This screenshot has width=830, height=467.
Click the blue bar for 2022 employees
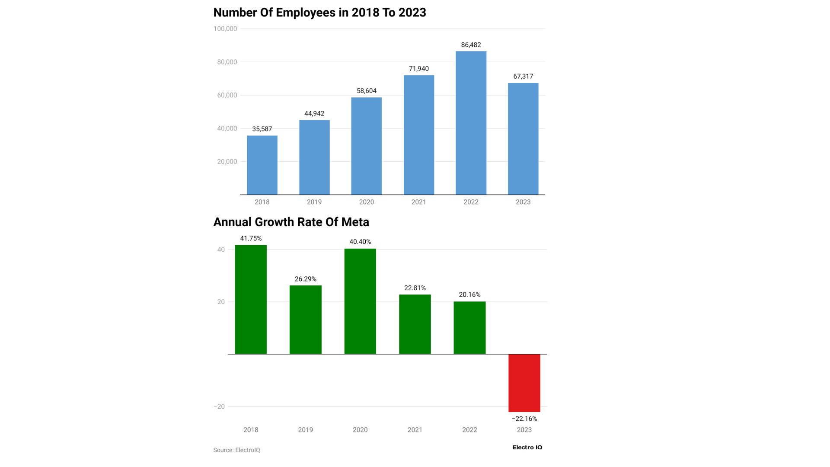(471, 123)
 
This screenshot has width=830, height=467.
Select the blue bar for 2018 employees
(262, 165)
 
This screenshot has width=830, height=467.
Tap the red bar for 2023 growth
(524, 383)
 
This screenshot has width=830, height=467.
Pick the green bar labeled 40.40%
(360, 301)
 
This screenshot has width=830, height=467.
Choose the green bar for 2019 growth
(305, 320)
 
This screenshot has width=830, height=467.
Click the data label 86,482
(471, 45)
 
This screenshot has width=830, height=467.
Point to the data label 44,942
(314, 114)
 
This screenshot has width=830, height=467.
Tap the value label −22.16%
(524, 419)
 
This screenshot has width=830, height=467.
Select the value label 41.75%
(251, 239)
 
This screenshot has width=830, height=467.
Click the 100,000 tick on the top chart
(225, 29)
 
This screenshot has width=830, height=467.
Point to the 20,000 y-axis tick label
(227, 162)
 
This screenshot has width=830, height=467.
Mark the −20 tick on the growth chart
(219, 406)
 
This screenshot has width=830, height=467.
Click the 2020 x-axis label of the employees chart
(366, 202)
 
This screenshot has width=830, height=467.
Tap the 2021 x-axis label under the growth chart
(415, 430)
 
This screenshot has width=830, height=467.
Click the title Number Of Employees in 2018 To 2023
(319, 13)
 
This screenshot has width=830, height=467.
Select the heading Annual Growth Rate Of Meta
(291, 222)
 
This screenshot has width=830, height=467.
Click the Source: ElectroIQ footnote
(236, 450)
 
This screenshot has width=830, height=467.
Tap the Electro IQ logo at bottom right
(527, 448)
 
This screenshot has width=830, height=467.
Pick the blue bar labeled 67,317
(523, 139)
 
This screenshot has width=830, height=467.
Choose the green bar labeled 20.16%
(469, 328)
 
